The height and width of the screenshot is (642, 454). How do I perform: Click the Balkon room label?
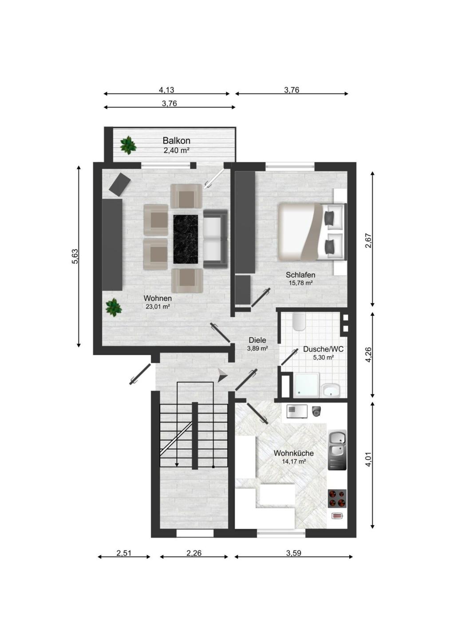click(176, 141)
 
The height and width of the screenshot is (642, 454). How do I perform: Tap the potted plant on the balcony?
click(128, 145)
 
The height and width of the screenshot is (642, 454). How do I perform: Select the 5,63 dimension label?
click(75, 257)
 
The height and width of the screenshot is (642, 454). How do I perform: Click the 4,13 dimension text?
click(166, 90)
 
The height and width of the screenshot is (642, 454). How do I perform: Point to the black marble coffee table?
click(186, 239)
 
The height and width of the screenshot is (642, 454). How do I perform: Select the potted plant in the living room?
click(114, 307)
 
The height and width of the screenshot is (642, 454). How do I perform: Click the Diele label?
click(257, 340)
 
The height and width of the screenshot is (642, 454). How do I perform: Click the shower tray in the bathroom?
click(306, 385)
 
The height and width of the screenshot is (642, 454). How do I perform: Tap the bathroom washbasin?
click(331, 390)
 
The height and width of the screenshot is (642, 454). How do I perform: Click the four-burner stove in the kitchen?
click(337, 498)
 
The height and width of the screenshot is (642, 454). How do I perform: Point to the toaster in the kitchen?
click(336, 516)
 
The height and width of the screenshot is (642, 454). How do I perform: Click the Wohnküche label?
click(293, 454)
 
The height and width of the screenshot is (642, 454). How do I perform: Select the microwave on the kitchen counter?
click(297, 411)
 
